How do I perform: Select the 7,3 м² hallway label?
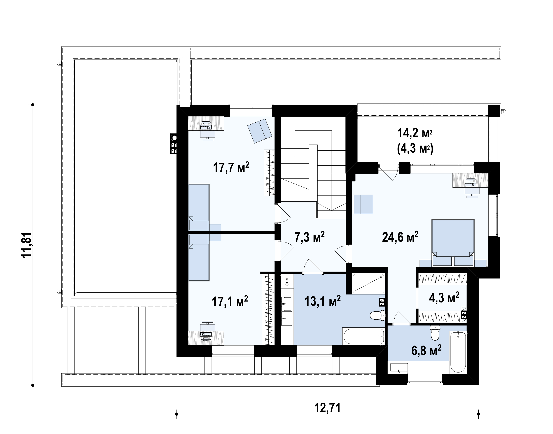[309, 237]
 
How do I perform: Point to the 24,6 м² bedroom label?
[400, 237]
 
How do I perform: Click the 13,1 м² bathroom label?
[323, 301]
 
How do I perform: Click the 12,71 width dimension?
[327, 408]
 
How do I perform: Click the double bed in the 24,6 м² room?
[453, 243]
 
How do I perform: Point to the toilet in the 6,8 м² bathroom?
[435, 333]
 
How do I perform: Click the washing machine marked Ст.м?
[287, 281]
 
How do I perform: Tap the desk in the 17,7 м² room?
[206, 123]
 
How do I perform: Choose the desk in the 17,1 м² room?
[206, 338]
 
